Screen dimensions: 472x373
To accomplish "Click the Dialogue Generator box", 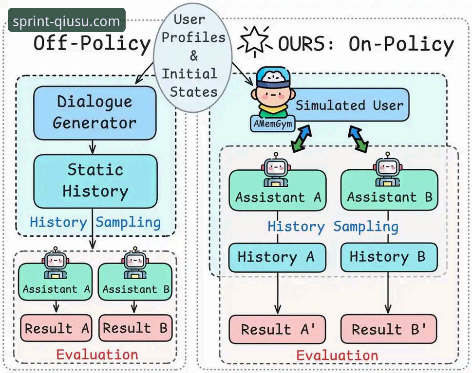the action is tap(95, 113).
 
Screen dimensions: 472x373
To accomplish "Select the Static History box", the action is tap(95, 181).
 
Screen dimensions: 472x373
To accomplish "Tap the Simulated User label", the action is tap(349, 105).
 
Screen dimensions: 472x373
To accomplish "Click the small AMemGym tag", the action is tap(273, 124).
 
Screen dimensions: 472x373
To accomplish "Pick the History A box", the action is tap(277, 258).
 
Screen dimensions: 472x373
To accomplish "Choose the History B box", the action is tap(389, 258).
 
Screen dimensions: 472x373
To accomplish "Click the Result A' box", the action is tap(277, 329).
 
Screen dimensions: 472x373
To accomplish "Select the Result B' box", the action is tap(389, 329).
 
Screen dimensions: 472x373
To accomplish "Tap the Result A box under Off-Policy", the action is tap(57, 328).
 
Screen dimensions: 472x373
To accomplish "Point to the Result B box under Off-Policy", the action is tap(135, 328).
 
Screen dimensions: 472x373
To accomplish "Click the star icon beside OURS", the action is tap(255, 41).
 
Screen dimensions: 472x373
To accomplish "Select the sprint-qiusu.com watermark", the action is tap(67, 20).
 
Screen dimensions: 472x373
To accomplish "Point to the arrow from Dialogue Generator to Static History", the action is tap(93, 147).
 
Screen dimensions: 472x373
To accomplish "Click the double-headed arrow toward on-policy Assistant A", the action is tap(302, 139).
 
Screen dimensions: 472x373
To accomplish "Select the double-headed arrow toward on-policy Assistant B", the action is tap(358, 139).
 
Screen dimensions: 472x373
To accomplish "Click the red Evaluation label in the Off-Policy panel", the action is tap(97, 355).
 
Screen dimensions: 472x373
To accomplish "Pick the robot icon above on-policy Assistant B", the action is tap(388, 169).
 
